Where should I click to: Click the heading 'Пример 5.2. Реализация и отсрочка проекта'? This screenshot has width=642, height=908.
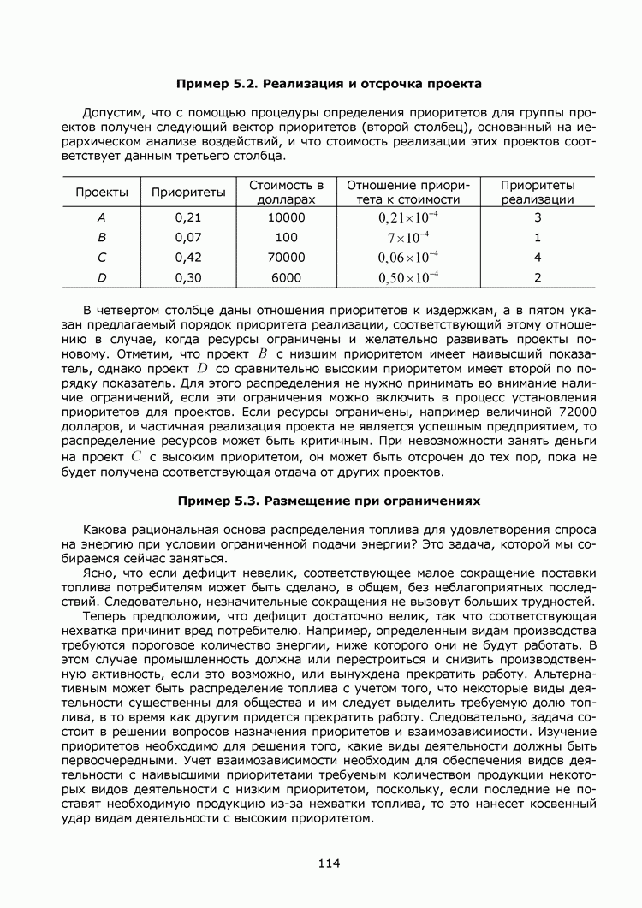pos(329,84)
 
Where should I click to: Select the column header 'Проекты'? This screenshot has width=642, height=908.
pos(102,193)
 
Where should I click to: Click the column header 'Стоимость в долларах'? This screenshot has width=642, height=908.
pos(286,193)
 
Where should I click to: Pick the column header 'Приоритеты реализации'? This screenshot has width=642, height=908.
pos(538,193)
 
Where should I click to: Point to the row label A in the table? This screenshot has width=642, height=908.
pos(102,217)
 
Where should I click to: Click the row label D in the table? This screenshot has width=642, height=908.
pos(102,277)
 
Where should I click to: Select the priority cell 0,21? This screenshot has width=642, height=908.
pos(188,217)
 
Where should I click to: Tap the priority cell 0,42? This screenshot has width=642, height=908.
pos(188,257)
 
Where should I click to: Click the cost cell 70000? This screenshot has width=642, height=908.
pos(286,257)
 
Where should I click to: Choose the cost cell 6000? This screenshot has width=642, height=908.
pos(286,277)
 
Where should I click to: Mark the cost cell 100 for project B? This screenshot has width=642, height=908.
pos(287,237)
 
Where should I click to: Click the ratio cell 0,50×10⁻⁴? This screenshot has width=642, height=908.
pos(408,277)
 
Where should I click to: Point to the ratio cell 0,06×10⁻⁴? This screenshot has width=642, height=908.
pos(408,257)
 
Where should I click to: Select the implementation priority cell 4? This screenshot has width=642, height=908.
pos(538,257)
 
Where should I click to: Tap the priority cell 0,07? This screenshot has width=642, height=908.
pos(188,237)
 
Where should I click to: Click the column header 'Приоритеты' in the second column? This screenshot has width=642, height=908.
pos(188,193)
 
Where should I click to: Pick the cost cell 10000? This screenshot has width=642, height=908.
pos(286,217)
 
